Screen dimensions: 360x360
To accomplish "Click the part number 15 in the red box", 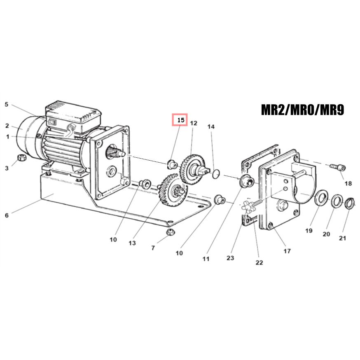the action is coord(181,120).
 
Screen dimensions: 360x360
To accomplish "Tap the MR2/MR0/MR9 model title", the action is coord(303,110).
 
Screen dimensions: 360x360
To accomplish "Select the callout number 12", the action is coord(194,123).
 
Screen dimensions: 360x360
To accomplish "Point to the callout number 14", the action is coord(211,126).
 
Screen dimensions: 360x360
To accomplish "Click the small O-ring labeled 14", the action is coord(216,174).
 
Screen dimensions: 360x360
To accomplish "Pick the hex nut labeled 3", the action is coord(22,158).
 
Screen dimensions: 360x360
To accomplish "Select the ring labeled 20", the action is coord(337,201).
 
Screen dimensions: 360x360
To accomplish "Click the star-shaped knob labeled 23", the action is coord(248,206).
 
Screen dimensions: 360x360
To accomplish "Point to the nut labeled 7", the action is coord(171,232).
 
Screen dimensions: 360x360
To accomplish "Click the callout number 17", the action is coord(287,251).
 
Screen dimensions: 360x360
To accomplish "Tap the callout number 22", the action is coord(259,262).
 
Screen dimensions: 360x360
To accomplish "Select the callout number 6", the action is coord(7,215).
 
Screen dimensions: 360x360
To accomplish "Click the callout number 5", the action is coord(7,105).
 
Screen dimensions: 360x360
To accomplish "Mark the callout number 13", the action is coord(132,243).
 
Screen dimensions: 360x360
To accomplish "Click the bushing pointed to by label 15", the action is coord(172,164).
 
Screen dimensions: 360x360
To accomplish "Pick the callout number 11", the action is coord(206,259).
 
